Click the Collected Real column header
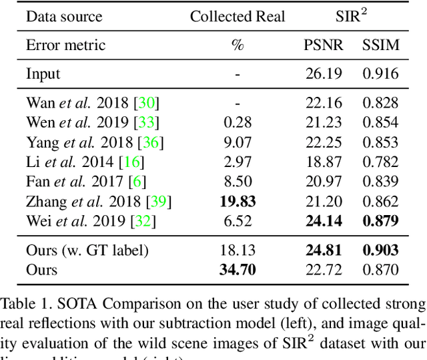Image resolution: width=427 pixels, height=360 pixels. click(x=238, y=17)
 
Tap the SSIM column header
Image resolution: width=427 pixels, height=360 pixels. click(x=380, y=45)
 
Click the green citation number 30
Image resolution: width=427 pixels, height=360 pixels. click(x=147, y=103)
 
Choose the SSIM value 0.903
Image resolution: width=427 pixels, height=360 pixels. click(x=380, y=250)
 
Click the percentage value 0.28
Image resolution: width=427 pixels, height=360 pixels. click(x=238, y=122)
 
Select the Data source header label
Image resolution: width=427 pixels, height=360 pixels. click(x=64, y=17)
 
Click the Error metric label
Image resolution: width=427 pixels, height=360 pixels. click(x=65, y=45)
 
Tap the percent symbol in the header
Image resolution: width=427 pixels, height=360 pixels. click(x=238, y=45)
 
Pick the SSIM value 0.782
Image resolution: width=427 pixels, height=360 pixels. click(x=380, y=162)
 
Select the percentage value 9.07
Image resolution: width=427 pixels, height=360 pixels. click(x=238, y=142)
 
